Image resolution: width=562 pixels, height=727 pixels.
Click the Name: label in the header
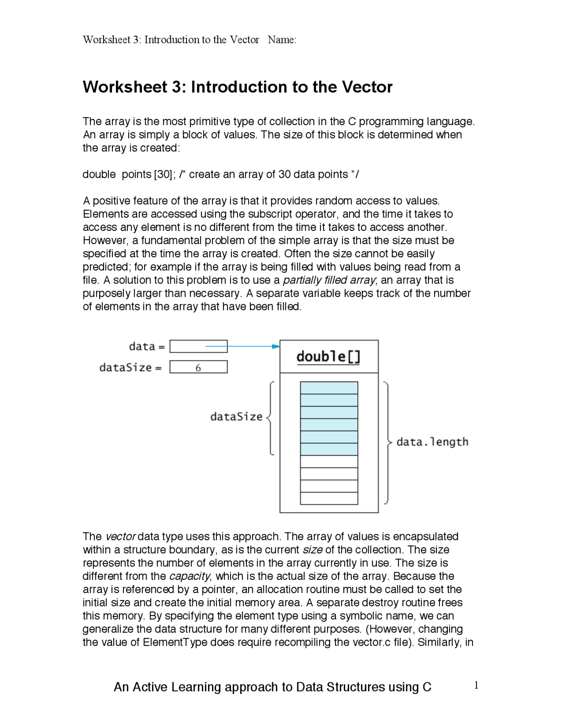tap(282, 40)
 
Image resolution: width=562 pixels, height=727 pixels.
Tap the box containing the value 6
tap(198, 367)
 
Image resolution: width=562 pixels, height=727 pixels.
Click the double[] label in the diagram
tap(328, 356)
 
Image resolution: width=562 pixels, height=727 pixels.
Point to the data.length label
tap(432, 442)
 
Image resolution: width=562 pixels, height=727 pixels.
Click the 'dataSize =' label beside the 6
tap(130, 367)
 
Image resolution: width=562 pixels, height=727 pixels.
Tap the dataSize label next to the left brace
tap(236, 417)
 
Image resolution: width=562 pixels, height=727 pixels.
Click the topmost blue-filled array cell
tap(329, 388)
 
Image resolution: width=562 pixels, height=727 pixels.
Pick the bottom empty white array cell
tap(329, 498)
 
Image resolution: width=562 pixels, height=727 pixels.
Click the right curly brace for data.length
tap(387, 443)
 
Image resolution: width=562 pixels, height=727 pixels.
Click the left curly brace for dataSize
tap(270, 417)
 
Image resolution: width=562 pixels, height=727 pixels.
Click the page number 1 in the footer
tap(476, 685)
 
